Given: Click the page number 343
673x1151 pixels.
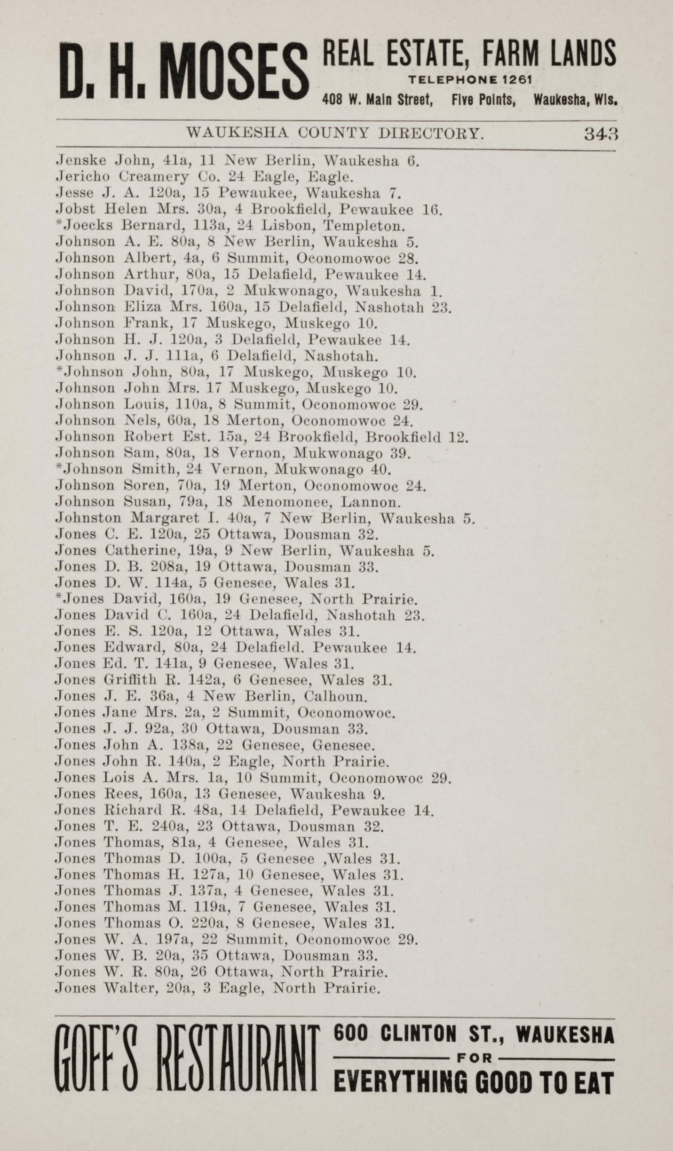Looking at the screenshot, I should [x=600, y=134].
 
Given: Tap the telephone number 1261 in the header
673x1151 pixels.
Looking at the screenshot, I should [x=516, y=80].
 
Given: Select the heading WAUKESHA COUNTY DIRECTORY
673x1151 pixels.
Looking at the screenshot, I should [x=335, y=134].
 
